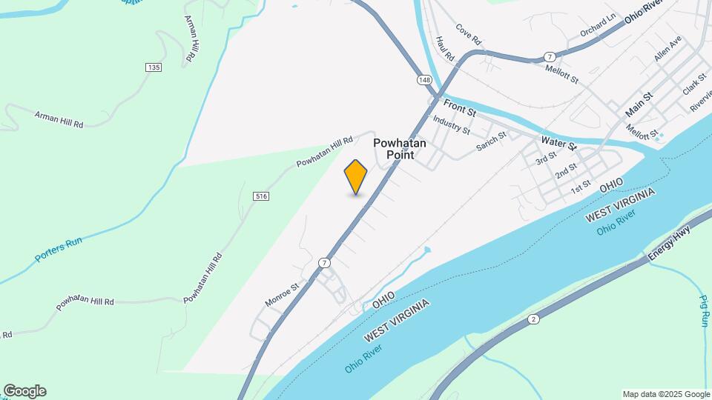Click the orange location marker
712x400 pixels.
(x=356, y=177)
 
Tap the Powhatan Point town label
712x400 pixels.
(x=399, y=149)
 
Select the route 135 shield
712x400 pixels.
(x=154, y=67)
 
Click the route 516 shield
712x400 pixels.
(x=260, y=196)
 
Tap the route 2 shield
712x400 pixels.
(x=533, y=319)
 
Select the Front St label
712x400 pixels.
(x=460, y=108)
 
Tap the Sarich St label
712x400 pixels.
(x=491, y=141)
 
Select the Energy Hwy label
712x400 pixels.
(x=669, y=243)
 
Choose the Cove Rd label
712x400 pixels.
(x=469, y=33)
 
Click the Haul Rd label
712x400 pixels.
(x=445, y=48)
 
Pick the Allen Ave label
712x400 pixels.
(x=667, y=50)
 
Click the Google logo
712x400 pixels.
(x=24, y=391)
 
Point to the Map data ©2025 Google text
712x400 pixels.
(x=665, y=394)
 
